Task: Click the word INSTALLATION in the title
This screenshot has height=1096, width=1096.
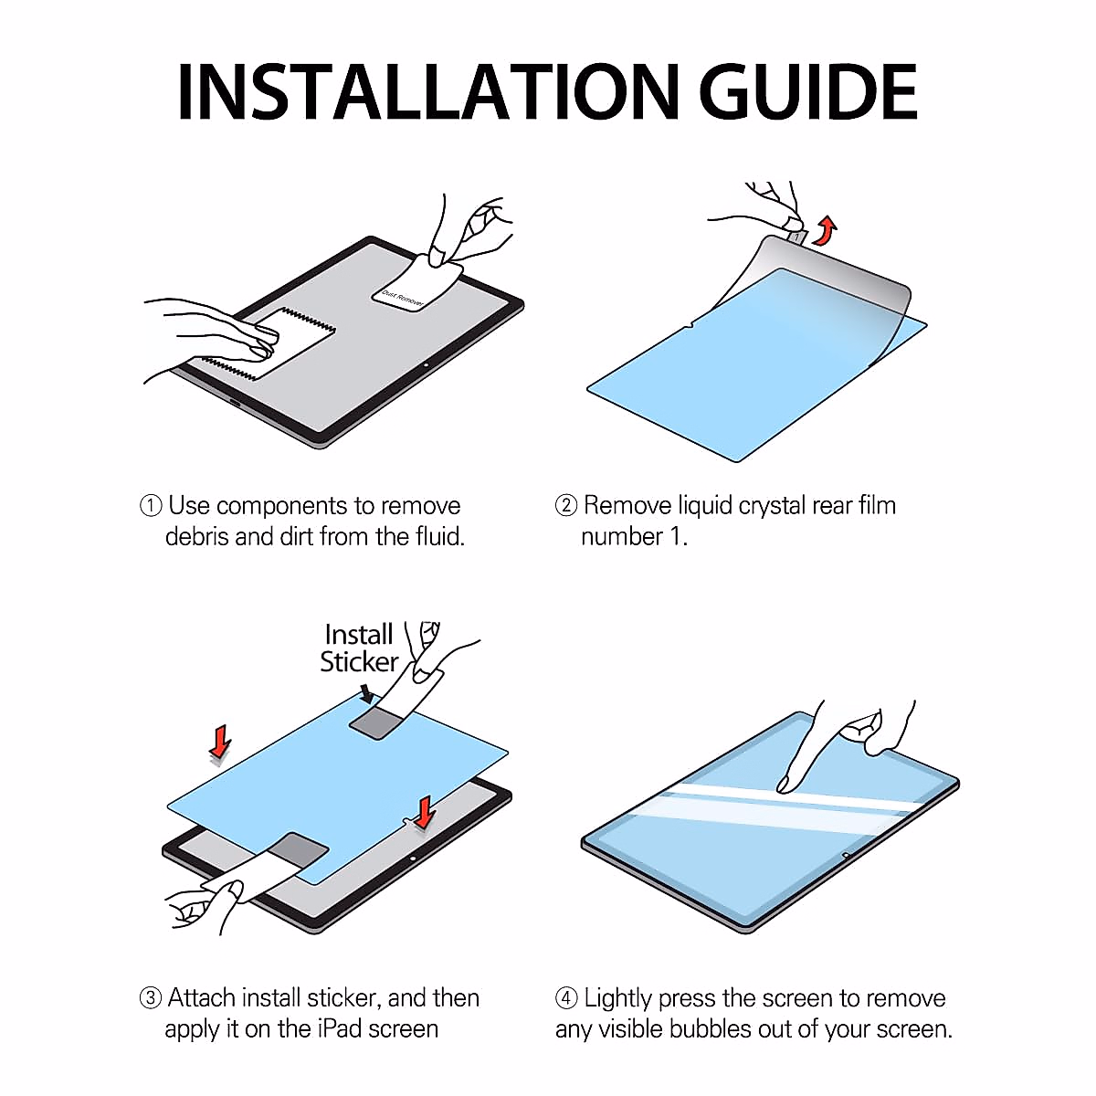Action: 428,91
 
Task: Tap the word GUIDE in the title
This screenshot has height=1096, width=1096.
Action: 807,91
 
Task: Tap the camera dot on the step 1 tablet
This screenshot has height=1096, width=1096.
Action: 427,364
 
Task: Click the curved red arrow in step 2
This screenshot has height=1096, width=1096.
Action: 826,230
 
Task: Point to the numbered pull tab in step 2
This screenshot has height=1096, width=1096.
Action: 796,235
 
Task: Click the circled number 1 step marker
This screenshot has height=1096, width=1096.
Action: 151,506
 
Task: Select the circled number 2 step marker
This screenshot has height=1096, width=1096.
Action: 566,506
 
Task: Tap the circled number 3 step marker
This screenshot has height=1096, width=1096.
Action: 151,997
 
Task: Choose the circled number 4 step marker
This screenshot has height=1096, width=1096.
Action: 566,997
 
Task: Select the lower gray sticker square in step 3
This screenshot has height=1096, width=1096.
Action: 298,849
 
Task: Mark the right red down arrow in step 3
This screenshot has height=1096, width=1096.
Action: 425,812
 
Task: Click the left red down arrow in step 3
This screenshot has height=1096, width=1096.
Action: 221,742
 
